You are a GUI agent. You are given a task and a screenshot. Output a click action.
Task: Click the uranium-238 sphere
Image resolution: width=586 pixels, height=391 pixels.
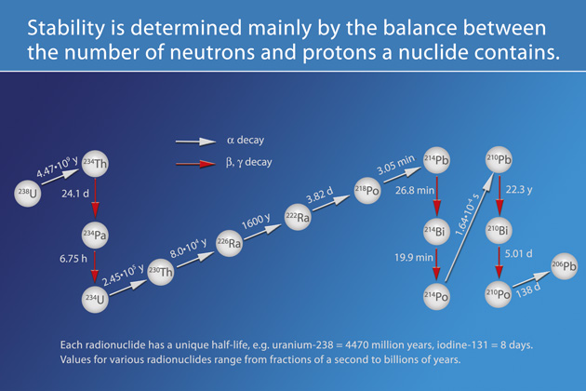(29, 193)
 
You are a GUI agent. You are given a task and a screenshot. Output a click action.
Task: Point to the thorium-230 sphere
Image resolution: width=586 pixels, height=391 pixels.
(161, 276)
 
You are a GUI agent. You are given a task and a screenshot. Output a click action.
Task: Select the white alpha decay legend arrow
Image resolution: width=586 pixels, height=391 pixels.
(195, 142)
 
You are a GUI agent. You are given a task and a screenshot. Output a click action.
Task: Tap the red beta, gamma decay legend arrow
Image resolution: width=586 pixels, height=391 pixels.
(195, 163)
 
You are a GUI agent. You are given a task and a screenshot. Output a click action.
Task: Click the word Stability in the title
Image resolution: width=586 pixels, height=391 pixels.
(62, 28)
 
